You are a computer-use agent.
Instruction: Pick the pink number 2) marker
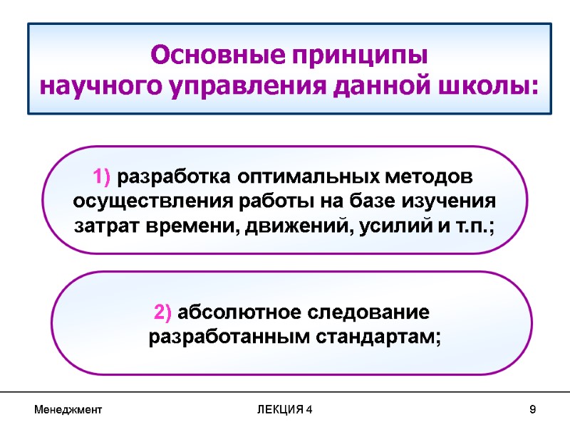(x=163, y=312)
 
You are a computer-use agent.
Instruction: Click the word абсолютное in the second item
(x=241, y=312)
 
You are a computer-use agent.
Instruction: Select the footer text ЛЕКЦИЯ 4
(x=284, y=411)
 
